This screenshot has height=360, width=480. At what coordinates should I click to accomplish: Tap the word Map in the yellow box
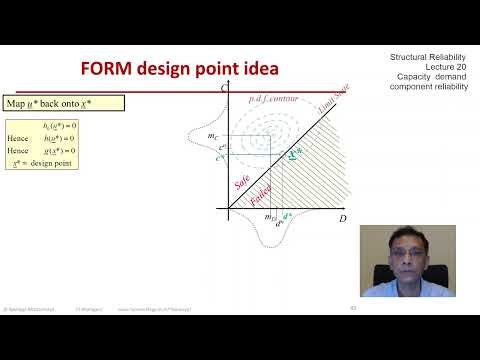click(x=16, y=102)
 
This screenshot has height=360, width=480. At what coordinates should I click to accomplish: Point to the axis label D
click(x=342, y=217)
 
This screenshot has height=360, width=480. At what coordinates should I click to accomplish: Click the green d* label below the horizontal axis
click(x=287, y=216)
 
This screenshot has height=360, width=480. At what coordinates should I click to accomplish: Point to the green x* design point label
click(x=293, y=155)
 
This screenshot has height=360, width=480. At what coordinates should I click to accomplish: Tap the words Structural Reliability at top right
click(x=422, y=58)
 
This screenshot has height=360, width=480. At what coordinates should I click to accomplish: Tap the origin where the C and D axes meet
click(x=228, y=209)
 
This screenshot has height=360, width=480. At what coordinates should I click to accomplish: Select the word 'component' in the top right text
click(x=410, y=88)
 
